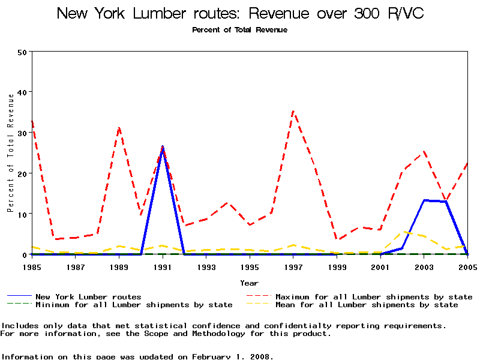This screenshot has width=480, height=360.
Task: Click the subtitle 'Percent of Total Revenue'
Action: [240, 30]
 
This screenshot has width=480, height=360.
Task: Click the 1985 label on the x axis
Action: [32, 266]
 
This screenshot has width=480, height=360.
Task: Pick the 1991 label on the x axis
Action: [163, 266]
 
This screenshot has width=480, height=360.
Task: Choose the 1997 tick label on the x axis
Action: [293, 266]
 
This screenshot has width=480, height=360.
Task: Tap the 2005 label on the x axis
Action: [467, 266]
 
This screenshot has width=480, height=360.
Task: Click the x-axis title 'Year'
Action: [250, 283]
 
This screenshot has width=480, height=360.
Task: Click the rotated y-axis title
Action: [11, 153]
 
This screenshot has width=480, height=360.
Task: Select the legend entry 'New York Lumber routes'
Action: [88, 296]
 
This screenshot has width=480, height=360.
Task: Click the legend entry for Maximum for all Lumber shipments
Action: [374, 296]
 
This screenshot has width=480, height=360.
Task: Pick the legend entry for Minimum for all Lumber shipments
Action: [134, 305]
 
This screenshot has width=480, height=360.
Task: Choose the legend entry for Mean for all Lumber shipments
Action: [367, 305]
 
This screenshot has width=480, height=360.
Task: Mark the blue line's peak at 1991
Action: [163, 146]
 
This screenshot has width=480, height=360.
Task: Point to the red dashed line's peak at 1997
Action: [293, 111]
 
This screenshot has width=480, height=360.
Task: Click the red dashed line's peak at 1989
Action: [119, 128]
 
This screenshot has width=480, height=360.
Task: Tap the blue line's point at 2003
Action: [424, 200]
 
